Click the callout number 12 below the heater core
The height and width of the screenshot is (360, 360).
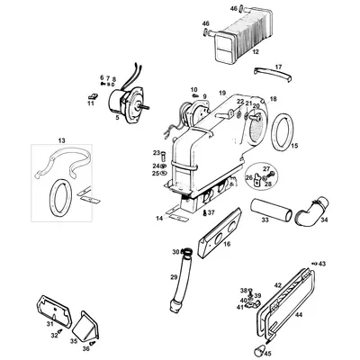tap(231, 53)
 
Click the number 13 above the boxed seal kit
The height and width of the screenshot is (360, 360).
tap(61, 141)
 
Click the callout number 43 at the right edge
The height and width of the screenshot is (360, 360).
tap(322, 264)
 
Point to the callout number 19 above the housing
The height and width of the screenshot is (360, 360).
tap(221, 94)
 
